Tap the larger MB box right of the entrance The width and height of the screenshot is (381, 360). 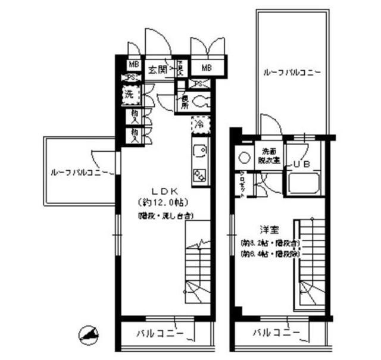207,67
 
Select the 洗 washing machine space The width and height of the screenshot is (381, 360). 129,94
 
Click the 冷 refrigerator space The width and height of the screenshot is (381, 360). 200,125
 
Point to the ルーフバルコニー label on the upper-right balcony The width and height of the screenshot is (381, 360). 292,74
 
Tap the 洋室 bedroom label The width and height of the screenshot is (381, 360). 267,228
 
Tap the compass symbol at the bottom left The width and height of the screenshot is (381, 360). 88,336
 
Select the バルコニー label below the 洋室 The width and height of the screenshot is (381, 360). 273,333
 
